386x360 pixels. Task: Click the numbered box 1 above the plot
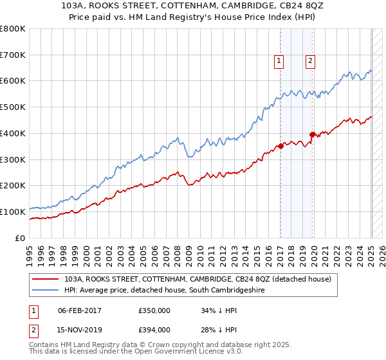(279, 61)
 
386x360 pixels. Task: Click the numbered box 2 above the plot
(310, 61)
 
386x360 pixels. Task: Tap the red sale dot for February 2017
(281, 146)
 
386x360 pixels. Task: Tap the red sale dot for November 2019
(313, 134)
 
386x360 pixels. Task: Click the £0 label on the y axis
(20, 238)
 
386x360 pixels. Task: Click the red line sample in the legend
(45, 279)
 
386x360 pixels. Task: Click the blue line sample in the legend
(45, 291)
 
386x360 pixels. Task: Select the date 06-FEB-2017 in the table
(80, 310)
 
